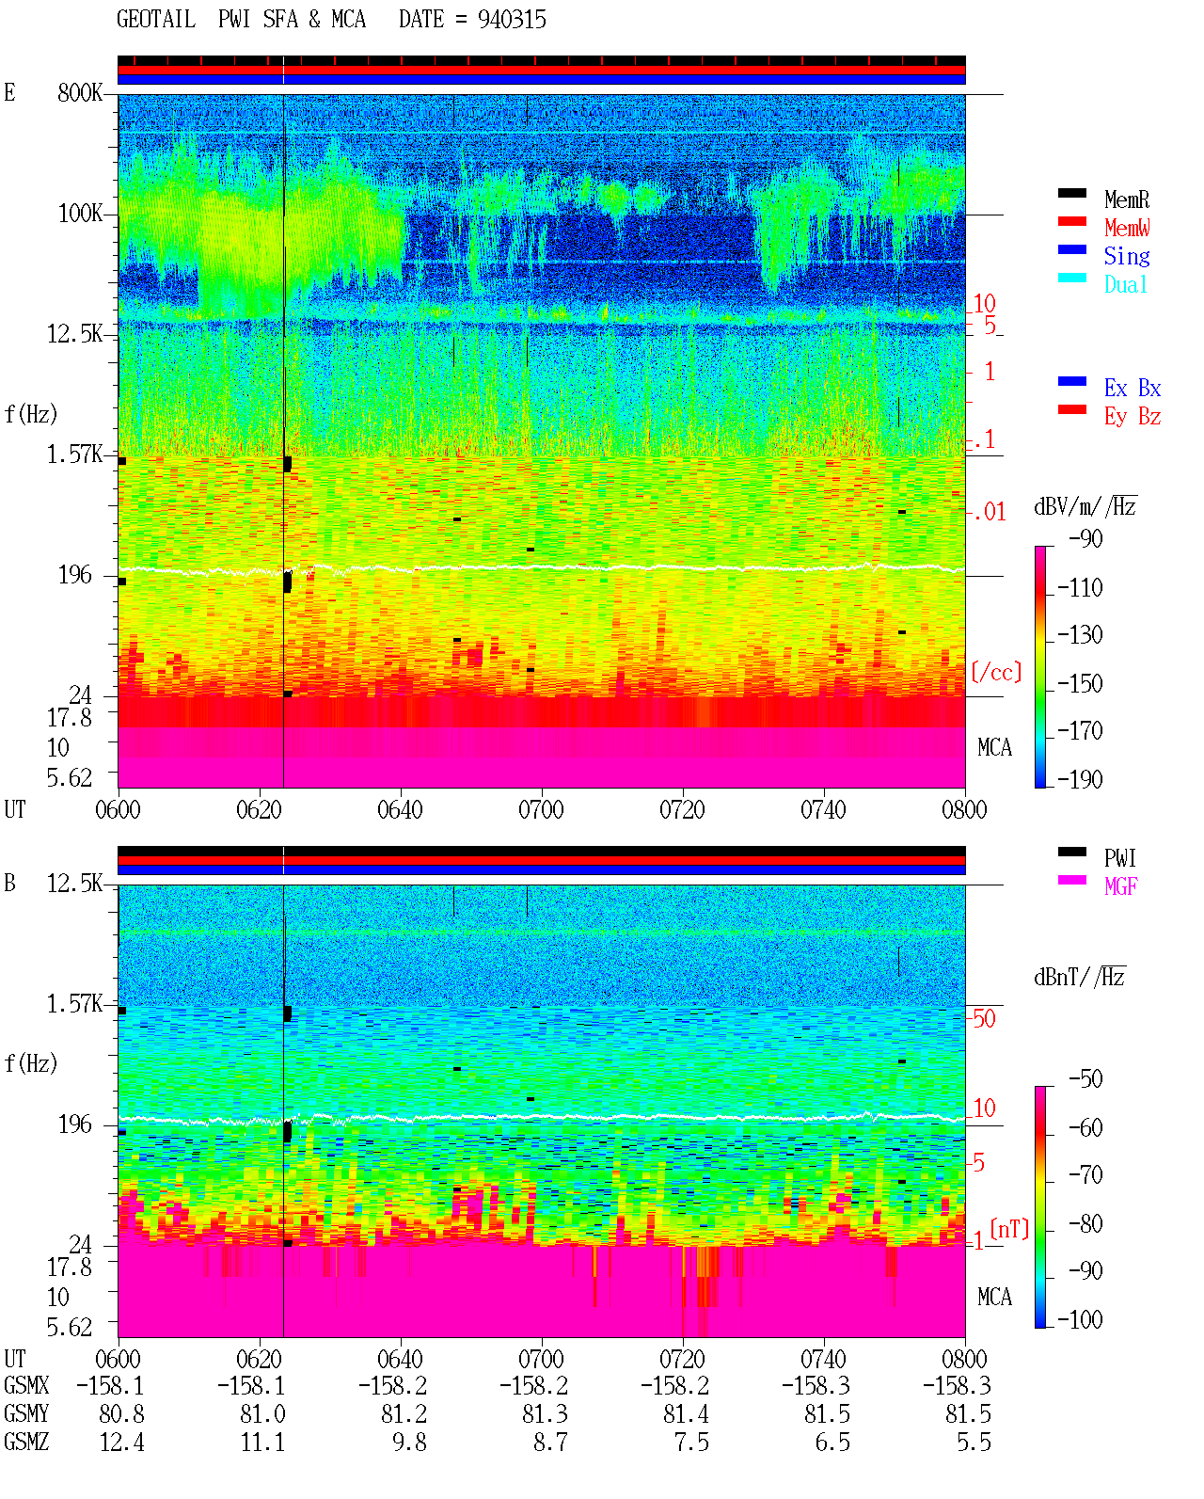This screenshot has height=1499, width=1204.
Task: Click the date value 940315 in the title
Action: coord(512,20)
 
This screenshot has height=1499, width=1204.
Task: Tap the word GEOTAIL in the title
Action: coord(156,20)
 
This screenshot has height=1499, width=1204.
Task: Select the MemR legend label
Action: coord(1127,199)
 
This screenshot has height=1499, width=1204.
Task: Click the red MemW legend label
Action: coord(1127,228)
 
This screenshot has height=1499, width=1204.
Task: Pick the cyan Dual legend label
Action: coord(1126,284)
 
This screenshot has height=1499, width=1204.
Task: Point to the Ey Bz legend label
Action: coord(1133,416)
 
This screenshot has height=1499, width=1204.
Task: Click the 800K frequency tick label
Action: coord(80,92)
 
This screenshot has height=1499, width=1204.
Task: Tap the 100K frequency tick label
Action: coord(80,214)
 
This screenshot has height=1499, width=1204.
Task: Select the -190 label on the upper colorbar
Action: coord(1080,779)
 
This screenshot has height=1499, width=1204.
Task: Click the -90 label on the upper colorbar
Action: coord(1085,539)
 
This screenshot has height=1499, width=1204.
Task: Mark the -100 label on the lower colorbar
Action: coord(1080,1319)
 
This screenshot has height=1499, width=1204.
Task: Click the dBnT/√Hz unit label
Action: coord(1079,978)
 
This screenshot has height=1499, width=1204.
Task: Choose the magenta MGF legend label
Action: coord(1121,886)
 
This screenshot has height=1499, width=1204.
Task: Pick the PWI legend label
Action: coord(1120,857)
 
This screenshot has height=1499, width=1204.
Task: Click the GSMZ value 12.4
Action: coord(122,1442)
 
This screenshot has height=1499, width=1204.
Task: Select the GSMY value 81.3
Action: coord(546,1414)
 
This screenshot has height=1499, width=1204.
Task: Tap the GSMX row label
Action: coord(26,1385)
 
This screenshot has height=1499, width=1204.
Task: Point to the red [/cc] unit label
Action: coord(996,672)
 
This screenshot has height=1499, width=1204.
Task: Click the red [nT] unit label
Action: coord(1009,1229)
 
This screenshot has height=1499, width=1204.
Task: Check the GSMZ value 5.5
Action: coord(974,1442)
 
